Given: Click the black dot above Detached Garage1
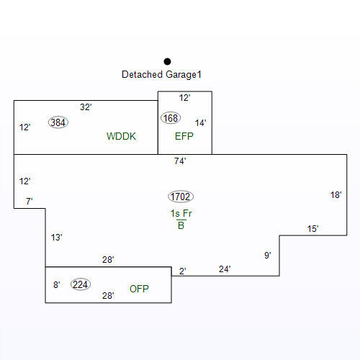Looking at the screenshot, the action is coord(167,62).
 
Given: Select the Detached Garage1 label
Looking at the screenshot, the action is coord(161,74).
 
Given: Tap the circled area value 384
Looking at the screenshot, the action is coord(58,122).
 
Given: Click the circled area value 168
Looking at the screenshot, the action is coord(171,118).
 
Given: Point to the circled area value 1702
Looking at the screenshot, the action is coord(181,197).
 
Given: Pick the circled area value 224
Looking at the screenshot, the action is coord(81,284).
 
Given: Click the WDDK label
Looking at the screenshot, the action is coord(121,136).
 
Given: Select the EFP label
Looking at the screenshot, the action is coord(184,136).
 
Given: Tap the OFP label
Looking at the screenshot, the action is coord(139,289).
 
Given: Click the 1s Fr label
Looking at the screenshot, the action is coord(181,213).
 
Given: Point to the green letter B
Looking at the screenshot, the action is coord(181,225).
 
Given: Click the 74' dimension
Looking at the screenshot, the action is coord(180,161).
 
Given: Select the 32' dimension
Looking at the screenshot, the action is coord(86,107).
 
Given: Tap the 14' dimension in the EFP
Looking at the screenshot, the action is coord(200,123).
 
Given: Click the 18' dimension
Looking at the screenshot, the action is coord(336,195).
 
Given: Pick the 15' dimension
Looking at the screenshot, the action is coord(313,229).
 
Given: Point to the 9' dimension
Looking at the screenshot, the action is coord(268,255).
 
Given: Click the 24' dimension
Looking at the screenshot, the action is coord(225,269).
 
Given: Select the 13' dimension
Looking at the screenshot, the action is coord(57,238).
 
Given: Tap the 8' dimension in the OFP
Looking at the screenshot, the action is coord(57,285).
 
